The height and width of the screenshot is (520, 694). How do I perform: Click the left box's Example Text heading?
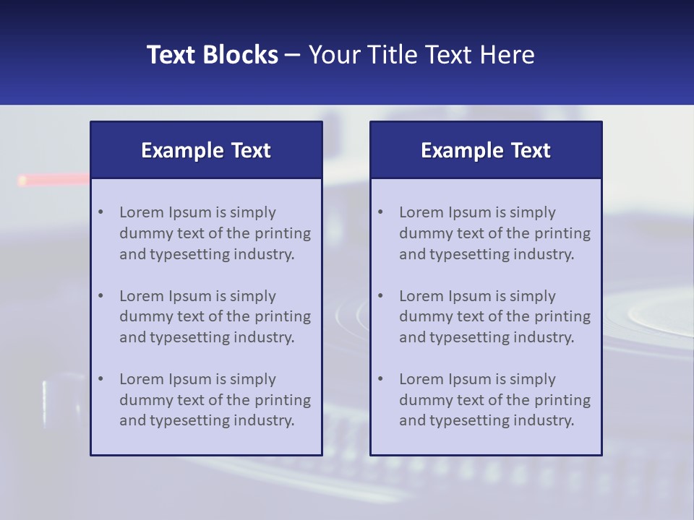coord(206,150)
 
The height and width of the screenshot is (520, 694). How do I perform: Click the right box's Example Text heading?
coord(486,150)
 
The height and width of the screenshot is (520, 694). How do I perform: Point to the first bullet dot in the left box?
coord(100,212)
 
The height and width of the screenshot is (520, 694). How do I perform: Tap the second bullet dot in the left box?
coord(100,296)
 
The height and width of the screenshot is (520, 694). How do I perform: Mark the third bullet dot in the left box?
coord(100,379)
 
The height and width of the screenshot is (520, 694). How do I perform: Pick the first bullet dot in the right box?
coord(380,212)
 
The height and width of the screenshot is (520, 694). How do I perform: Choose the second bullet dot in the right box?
coord(380,296)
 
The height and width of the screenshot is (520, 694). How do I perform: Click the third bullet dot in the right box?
coord(380,379)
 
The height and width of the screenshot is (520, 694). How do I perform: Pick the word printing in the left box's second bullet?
coord(283,316)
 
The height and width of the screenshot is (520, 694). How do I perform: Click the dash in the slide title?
coord(293,55)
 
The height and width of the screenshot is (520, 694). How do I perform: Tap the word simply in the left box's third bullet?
coord(253,379)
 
